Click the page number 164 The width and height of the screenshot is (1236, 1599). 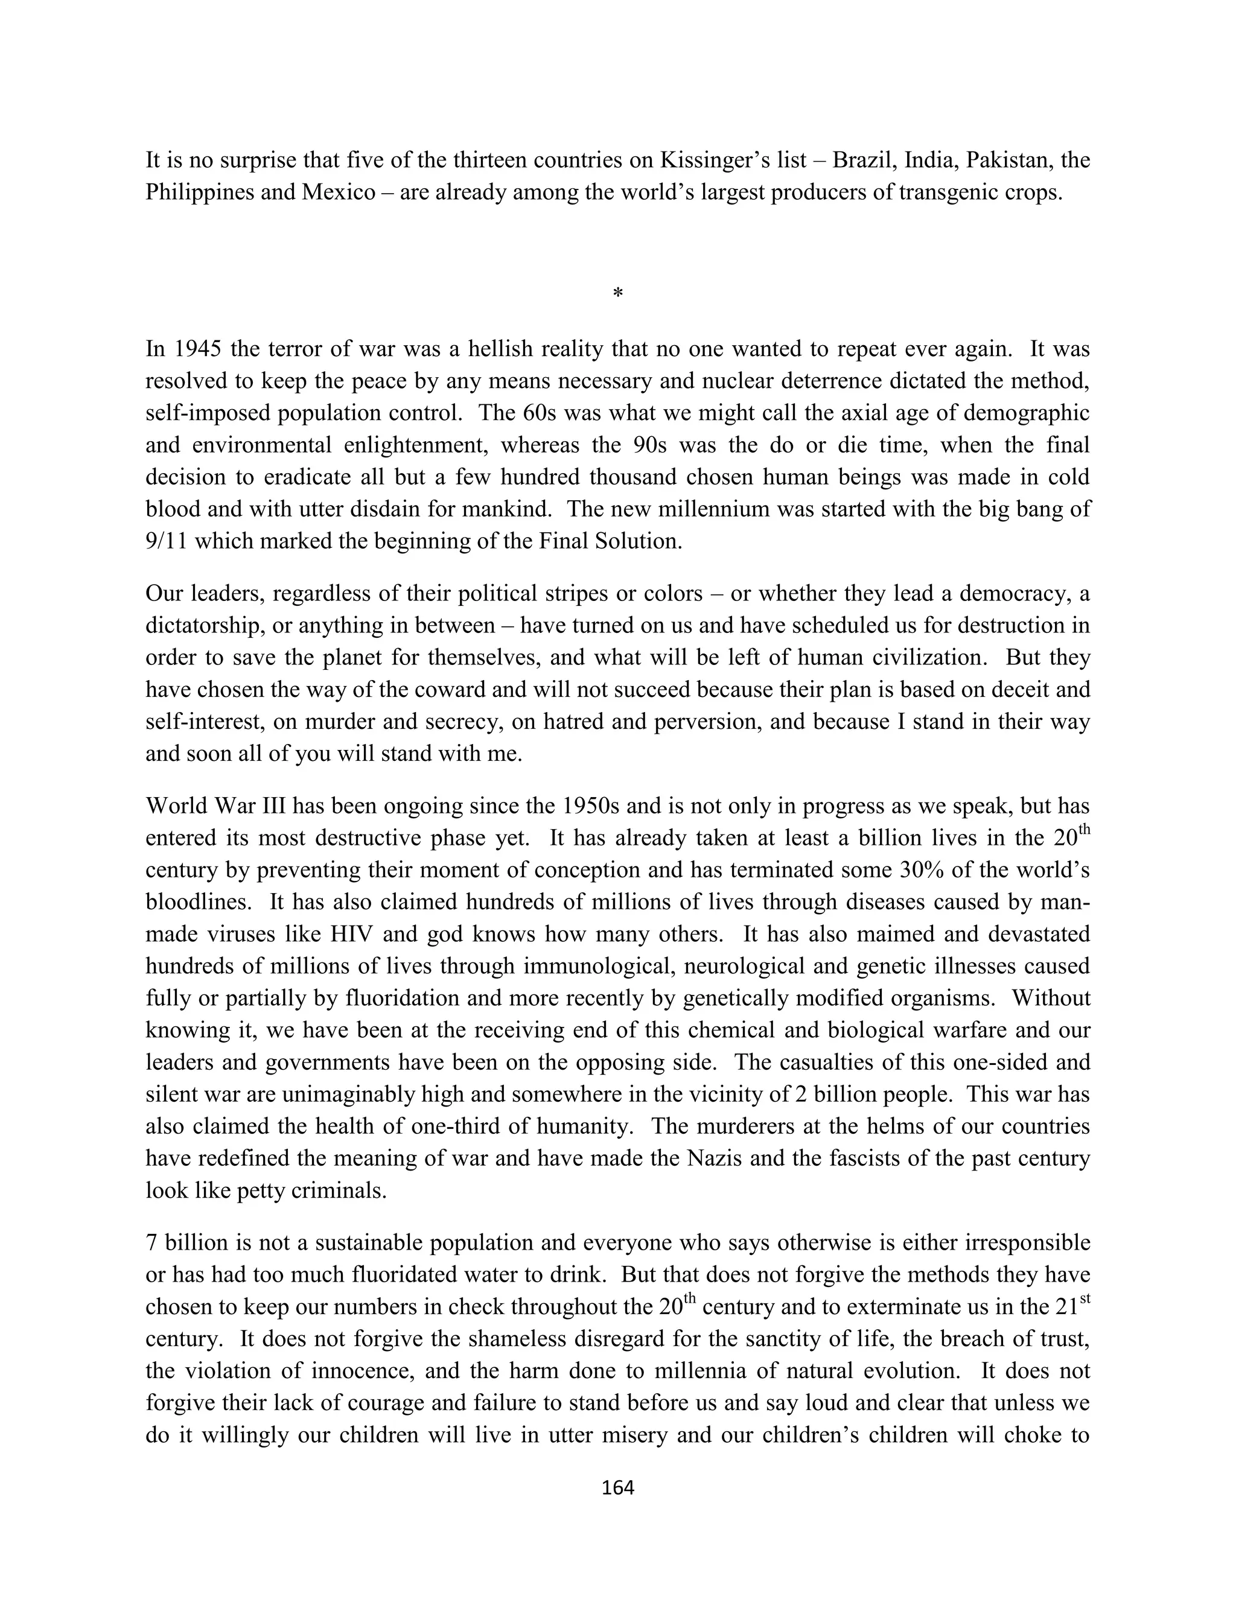(617, 1487)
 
